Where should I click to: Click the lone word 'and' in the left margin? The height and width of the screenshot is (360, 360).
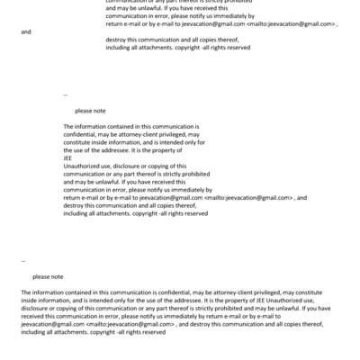[25, 31]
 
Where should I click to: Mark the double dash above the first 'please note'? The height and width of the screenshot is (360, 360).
[66, 94]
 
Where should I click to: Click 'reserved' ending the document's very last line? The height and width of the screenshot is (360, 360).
[152, 332]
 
